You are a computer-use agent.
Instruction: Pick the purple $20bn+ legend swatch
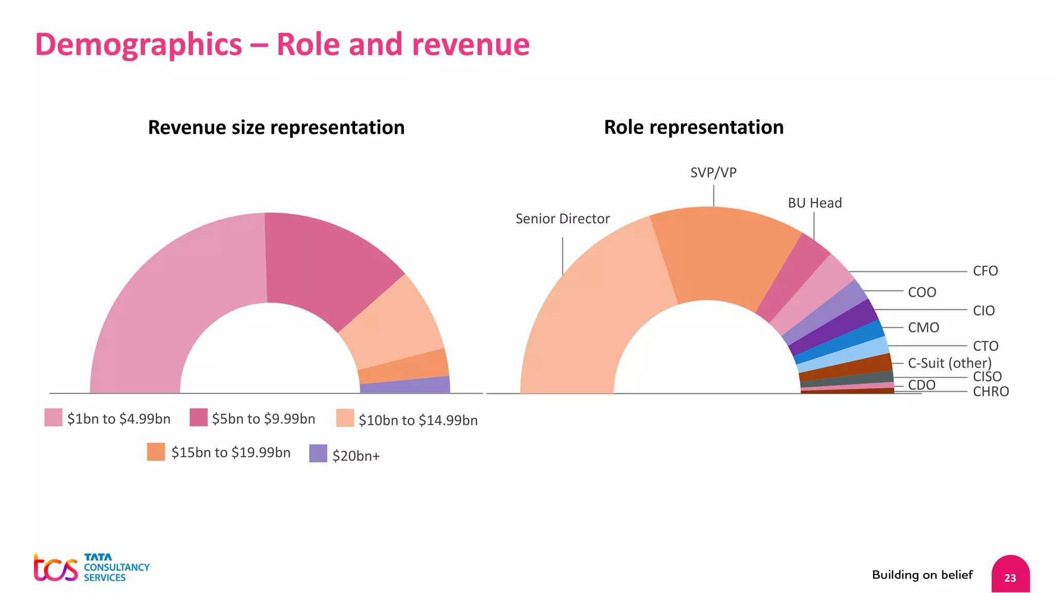(318, 454)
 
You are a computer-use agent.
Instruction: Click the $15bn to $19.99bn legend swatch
(156, 452)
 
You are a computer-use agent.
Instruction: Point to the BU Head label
(815, 203)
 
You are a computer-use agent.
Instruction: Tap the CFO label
(985, 271)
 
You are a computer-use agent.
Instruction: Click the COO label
(922, 292)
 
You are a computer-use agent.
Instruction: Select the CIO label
(983, 311)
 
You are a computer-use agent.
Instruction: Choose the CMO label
(923, 328)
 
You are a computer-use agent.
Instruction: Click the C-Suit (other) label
(950, 363)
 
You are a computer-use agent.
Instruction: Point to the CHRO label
(991, 392)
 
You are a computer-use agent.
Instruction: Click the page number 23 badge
(1010, 576)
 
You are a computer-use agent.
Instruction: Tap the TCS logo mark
(56, 568)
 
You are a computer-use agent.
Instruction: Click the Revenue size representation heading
(276, 128)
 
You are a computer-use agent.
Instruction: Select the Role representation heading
(694, 127)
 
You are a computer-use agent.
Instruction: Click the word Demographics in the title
(138, 45)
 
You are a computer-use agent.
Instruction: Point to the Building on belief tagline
(922, 575)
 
